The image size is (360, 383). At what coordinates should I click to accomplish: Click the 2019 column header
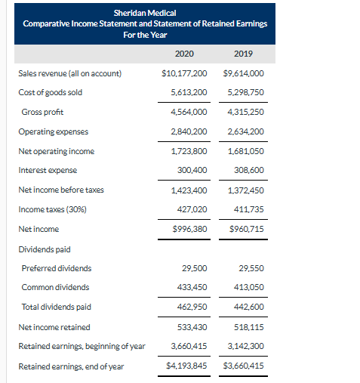[243, 54]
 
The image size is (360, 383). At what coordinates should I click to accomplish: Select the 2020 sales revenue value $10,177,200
[185, 73]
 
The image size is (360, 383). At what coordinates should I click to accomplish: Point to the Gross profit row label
[42, 112]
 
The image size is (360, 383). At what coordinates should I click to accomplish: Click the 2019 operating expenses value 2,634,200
[245, 131]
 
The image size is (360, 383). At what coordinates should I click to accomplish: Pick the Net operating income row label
[56, 150]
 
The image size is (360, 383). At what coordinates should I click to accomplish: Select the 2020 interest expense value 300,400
[192, 170]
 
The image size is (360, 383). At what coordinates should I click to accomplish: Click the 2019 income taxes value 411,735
[248, 209]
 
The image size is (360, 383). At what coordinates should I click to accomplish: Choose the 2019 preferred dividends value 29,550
[250, 267]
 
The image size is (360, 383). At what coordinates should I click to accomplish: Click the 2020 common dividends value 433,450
[192, 287]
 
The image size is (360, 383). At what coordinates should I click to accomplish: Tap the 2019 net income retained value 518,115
[248, 326]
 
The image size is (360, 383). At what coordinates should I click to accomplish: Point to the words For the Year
[144, 35]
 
